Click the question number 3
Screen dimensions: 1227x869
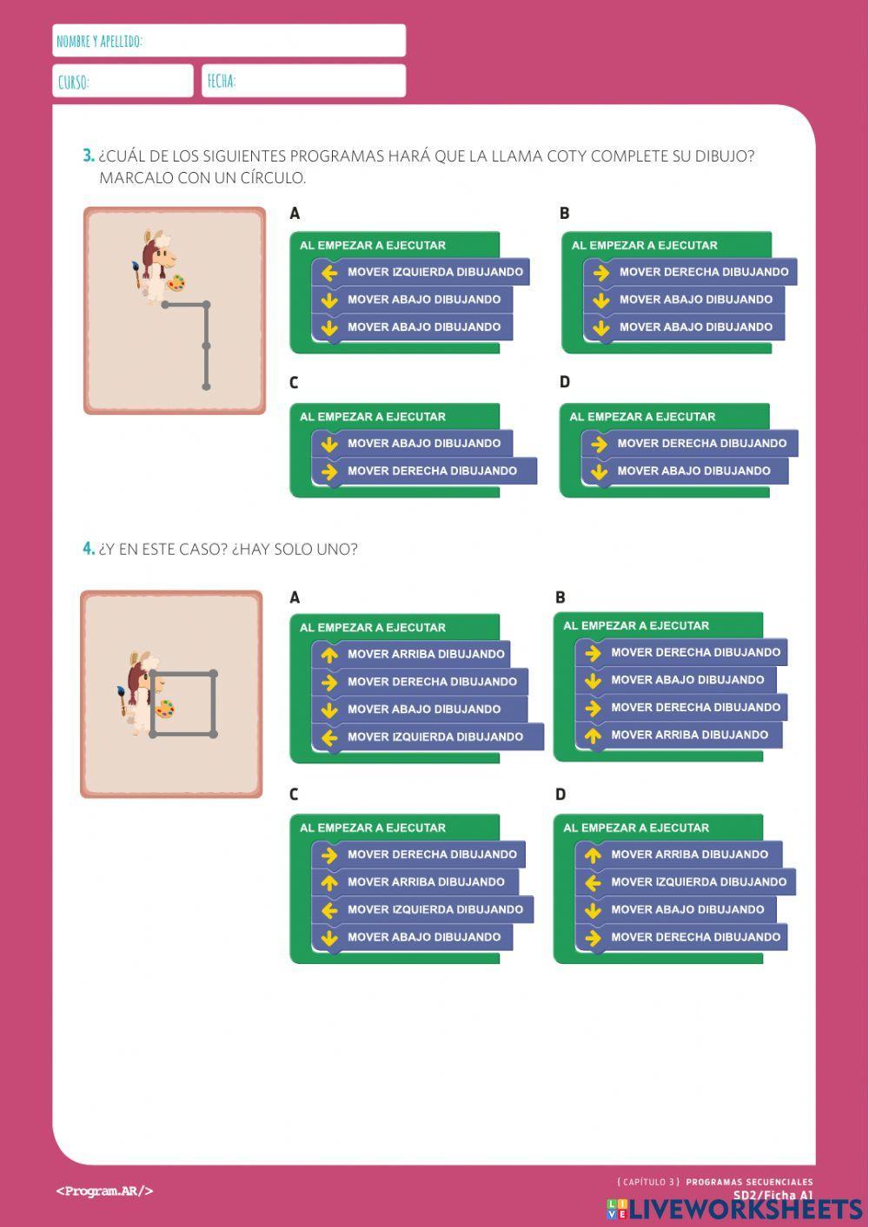click(x=88, y=156)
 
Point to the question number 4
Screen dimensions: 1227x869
click(x=88, y=549)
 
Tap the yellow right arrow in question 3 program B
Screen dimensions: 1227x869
click(x=600, y=273)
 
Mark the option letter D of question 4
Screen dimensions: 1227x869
click(x=561, y=794)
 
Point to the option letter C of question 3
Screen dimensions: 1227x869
click(x=294, y=383)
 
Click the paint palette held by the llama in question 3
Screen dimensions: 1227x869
click(x=176, y=282)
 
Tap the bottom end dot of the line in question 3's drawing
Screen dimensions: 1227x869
click(x=206, y=386)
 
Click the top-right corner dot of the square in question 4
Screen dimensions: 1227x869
click(x=213, y=674)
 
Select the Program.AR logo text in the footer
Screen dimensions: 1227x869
click(x=104, y=1191)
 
